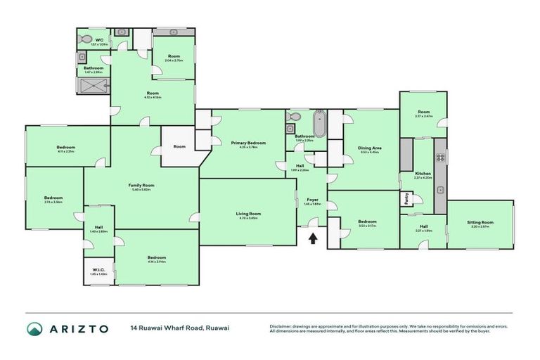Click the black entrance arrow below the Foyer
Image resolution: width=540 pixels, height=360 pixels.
[312, 238]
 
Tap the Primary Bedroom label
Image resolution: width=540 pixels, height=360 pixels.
[244, 143]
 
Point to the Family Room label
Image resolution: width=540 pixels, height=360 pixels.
[141, 186]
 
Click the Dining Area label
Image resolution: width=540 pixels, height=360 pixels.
[370, 148]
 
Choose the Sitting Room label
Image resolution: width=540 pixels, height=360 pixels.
[481, 223]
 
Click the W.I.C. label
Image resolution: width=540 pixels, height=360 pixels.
[98, 270]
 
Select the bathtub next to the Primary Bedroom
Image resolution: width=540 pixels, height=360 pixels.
[320, 122]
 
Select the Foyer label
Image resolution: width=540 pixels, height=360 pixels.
[312, 200]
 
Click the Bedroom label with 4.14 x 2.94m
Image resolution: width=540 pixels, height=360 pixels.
[156, 258]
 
